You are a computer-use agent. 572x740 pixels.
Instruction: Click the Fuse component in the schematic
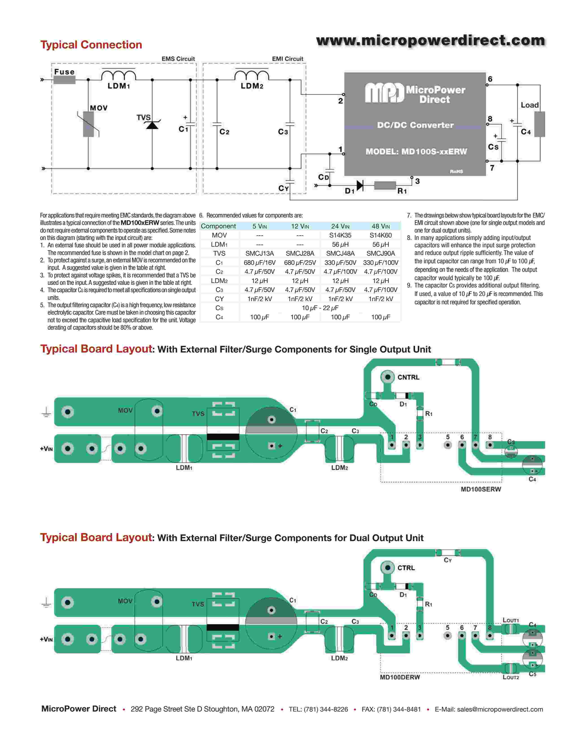[x=64, y=80]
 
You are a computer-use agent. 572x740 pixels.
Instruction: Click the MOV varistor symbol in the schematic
[x=88, y=124]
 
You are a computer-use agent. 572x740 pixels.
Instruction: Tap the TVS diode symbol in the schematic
[x=152, y=125]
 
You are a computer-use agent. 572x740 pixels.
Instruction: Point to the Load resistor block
[x=539, y=124]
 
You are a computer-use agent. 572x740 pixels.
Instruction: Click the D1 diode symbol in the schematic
[x=360, y=185]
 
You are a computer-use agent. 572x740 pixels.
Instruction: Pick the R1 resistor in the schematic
[x=385, y=185]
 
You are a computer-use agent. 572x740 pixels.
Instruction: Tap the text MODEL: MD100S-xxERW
[x=416, y=151]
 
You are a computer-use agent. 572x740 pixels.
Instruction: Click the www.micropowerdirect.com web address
[x=430, y=41]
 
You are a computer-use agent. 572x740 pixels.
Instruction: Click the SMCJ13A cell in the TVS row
[x=260, y=253]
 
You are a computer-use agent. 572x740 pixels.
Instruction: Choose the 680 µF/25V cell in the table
[x=300, y=263]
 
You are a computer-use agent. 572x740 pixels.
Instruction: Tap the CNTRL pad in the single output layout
[x=388, y=377]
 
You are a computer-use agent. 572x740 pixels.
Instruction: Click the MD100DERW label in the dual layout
[x=400, y=677]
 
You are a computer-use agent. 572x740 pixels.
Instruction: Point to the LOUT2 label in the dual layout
[x=511, y=677]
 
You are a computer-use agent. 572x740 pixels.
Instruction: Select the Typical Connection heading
[x=91, y=45]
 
